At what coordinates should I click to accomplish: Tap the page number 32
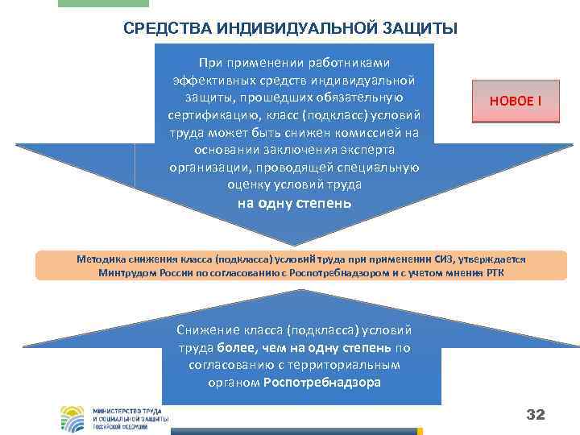[536, 415]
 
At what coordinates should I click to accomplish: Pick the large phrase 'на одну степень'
[295, 202]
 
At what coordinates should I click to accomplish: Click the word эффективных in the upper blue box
[210, 80]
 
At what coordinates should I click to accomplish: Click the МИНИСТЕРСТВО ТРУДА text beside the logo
[130, 410]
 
